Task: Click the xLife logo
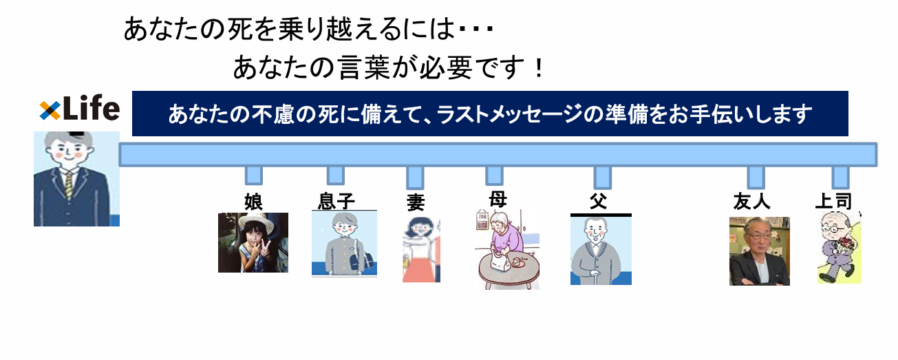coord(78,109)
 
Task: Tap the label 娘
coord(254,201)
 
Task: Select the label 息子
coord(336,201)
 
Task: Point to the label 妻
coord(415,203)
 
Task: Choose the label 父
coord(599,201)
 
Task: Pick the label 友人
coord(751,201)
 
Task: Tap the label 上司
coord(833,201)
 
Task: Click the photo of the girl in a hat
coord(253,242)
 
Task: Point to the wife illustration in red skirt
coord(421,249)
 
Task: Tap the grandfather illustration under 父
coord(601,251)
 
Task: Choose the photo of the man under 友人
coord(759,251)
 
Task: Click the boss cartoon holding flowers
coord(839,248)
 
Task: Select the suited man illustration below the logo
coord(76,179)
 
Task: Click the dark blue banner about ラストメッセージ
coord(489,114)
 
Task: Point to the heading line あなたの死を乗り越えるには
coord(308,30)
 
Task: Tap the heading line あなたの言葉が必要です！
coord(389,67)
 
